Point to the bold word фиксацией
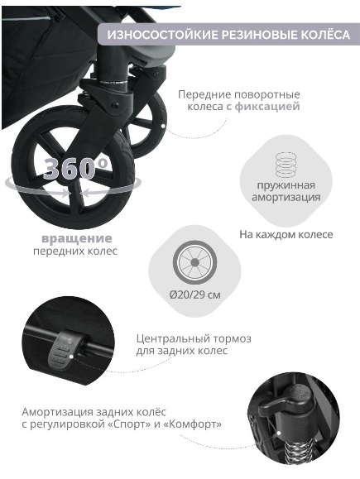point(267,107)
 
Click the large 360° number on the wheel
point(75,168)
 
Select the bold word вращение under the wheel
point(77,238)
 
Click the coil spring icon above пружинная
point(286,165)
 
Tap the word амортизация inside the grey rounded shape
point(286,197)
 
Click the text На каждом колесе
point(286,234)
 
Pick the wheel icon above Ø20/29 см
point(195,262)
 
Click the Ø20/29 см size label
point(195,295)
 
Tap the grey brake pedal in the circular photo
point(63,348)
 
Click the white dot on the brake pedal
point(71,357)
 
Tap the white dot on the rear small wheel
point(163,126)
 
